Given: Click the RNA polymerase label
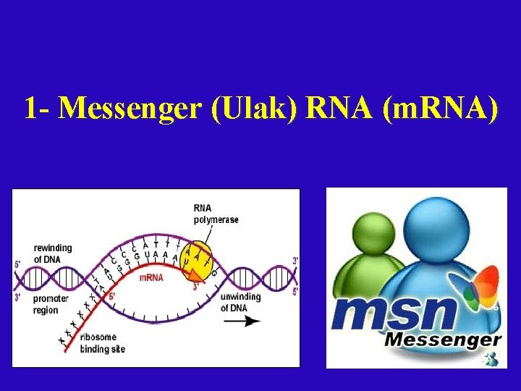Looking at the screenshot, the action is coord(216,214).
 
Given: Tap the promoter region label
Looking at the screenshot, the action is coord(51,304).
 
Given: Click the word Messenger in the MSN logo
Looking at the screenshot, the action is coord(442,340).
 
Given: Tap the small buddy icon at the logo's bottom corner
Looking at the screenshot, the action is coord(492,358).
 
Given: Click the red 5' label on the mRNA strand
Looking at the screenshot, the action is coord(111,295).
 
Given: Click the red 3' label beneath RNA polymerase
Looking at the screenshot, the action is coord(195,286).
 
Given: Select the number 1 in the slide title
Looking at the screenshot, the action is coord(30,109).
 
